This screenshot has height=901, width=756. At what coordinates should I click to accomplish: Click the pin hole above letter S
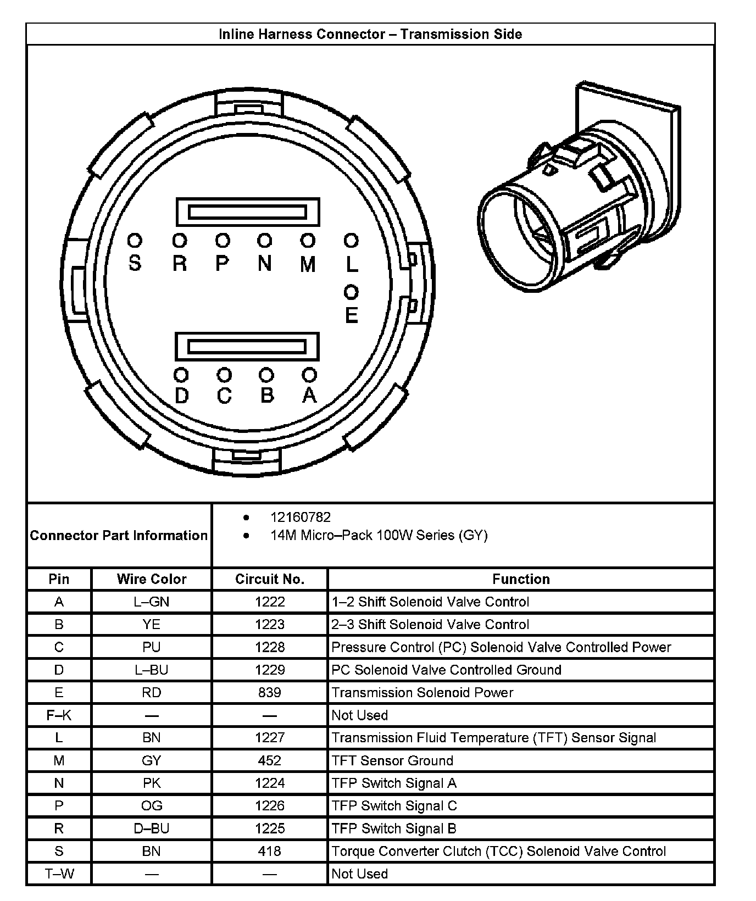pos(135,241)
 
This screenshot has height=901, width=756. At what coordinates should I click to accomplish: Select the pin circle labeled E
pos(351,292)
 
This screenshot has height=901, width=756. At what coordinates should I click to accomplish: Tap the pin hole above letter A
pos(309,375)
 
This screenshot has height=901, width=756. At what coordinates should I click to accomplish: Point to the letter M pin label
pos(308,265)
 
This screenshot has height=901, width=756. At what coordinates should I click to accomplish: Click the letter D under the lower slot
pos(181,396)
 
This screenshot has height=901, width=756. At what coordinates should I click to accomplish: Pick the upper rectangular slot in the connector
pos(247,212)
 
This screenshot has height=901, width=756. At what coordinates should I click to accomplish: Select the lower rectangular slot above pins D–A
pos(247,346)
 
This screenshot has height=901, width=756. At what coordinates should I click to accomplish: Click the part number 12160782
pos(300,518)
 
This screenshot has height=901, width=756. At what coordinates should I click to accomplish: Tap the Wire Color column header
pos(152,579)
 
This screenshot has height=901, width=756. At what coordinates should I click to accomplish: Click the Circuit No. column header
pos(269,579)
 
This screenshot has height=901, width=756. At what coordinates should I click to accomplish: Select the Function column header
pos(520,579)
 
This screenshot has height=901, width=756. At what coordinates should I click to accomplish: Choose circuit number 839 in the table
pos(269,692)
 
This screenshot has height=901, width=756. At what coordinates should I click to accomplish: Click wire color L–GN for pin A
pos(152,602)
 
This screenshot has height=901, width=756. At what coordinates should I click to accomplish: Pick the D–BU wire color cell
pos(152,828)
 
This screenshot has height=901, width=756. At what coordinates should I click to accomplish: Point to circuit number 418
pos(269,851)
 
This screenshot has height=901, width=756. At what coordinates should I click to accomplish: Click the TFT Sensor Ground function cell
pos(392,760)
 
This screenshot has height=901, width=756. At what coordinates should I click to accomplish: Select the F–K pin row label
pos(59,715)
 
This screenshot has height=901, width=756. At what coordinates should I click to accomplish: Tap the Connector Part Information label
pos(119,535)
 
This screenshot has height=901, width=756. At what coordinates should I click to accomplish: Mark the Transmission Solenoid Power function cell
pos(422,692)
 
